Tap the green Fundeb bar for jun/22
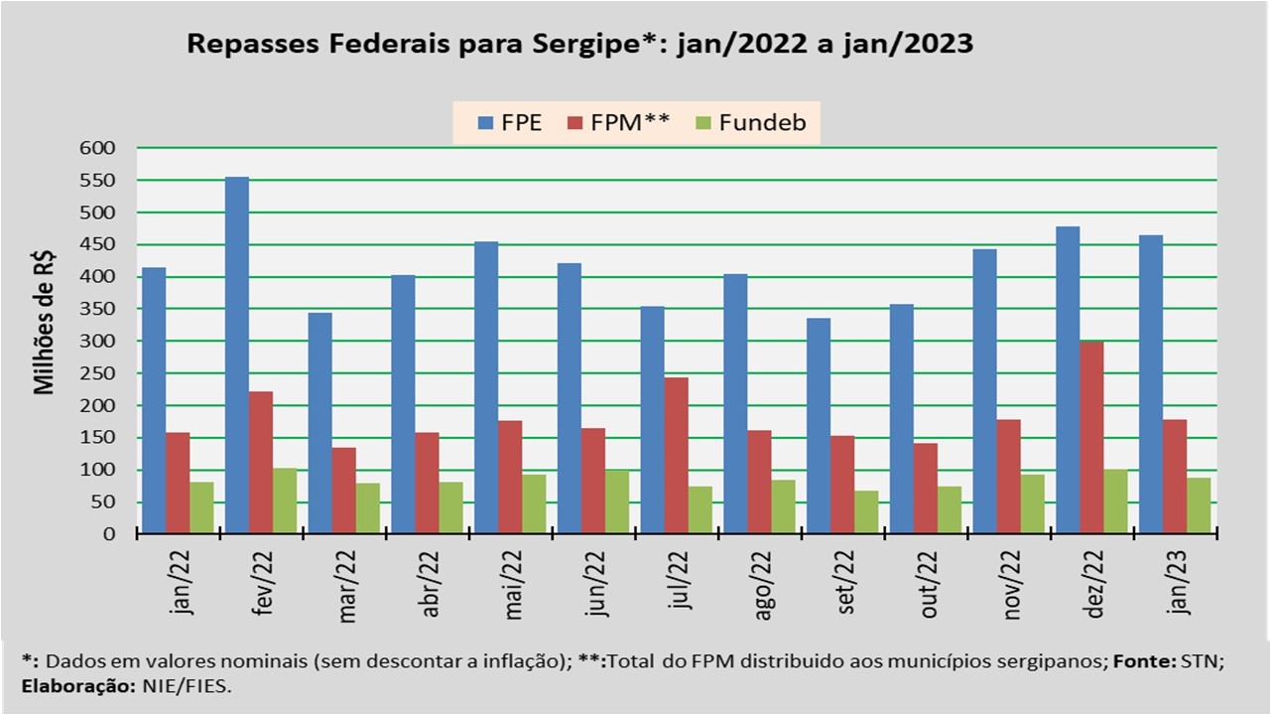(617, 502)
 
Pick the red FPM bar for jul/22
(677, 456)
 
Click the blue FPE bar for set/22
(819, 426)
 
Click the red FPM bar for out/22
(926, 489)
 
